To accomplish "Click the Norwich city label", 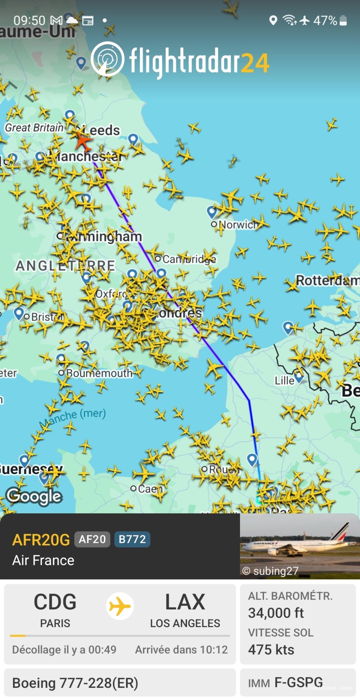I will point(238,225).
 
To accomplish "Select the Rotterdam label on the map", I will point(327,281).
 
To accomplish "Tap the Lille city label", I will point(284,381).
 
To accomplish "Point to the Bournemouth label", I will point(99,373).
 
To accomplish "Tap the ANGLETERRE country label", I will point(65,266).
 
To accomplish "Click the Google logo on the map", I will point(34,496).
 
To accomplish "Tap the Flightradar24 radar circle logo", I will point(107,59).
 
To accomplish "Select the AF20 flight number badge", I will point(92,539).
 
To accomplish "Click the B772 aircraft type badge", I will point(132,539).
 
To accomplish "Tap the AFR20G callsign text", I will point(41,540).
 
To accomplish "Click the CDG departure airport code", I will point(55,602).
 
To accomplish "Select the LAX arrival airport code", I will point(185,602).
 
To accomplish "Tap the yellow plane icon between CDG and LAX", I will point(120,606).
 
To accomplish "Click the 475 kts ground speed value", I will point(271,650).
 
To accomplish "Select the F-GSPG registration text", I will point(299,682).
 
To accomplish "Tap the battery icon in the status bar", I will point(343,20).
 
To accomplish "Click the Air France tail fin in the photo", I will point(341,532).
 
